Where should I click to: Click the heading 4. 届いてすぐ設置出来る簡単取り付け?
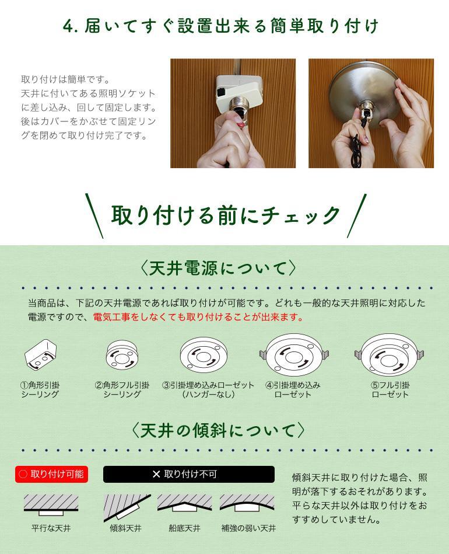(x=220, y=26)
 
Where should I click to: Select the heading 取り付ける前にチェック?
(x=225, y=215)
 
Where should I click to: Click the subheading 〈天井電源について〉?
(x=218, y=268)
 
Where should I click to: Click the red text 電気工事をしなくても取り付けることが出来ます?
(x=198, y=317)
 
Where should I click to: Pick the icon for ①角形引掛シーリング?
(x=40, y=354)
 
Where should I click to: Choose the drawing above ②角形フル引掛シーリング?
(x=122, y=355)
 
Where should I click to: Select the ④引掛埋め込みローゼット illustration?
(x=294, y=354)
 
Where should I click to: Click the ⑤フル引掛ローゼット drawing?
(x=390, y=355)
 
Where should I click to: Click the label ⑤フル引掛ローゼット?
(x=390, y=389)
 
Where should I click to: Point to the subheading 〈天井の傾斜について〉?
(x=218, y=431)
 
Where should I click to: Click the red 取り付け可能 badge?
(x=51, y=474)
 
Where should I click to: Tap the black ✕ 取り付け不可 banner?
(x=189, y=474)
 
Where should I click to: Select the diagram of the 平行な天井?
(x=51, y=504)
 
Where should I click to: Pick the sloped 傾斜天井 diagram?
(x=127, y=508)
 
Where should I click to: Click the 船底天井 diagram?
(x=185, y=503)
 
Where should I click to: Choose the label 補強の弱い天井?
(x=248, y=528)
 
